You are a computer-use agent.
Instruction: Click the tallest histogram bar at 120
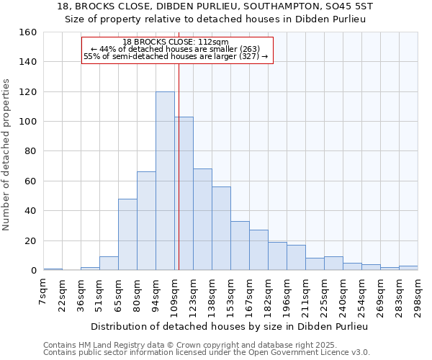165,181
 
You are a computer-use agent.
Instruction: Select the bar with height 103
184,194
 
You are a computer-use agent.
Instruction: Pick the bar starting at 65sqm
127,235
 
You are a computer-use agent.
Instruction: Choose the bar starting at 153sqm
240,246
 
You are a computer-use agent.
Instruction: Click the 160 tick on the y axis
28,32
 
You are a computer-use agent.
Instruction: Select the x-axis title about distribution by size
230,326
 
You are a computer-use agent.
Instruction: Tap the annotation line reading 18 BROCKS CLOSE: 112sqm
176,42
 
